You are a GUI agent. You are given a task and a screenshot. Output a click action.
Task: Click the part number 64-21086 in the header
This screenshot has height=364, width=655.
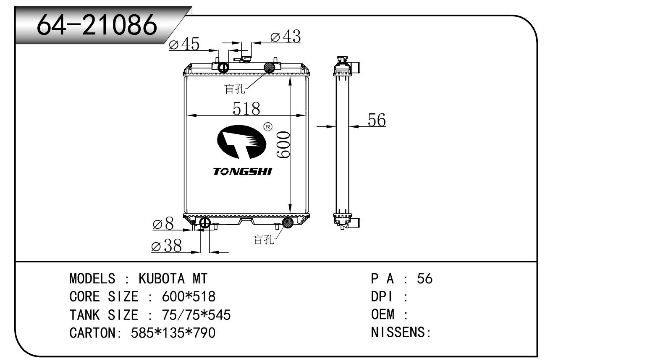pos(97,25)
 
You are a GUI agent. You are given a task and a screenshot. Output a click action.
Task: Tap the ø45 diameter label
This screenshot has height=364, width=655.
pos(184,44)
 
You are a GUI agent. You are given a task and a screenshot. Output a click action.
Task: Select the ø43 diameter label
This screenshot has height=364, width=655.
pos(286,37)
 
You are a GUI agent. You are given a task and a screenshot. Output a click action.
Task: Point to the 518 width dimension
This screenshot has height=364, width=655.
pos(246,108)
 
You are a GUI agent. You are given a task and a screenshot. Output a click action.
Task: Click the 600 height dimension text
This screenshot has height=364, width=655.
pos(283,144)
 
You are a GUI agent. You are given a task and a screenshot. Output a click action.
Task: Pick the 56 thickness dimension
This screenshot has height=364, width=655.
pos(376,120)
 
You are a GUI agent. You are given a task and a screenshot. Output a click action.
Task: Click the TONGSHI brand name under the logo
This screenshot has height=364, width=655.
pos(243,172)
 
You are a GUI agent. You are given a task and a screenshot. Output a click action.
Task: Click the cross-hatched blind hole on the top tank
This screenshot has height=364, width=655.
pos(269,67)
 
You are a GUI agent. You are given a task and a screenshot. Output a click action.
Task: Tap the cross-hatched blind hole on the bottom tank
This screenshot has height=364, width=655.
pos(288,223)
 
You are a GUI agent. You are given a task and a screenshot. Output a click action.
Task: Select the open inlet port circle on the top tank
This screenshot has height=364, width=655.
pos(223,67)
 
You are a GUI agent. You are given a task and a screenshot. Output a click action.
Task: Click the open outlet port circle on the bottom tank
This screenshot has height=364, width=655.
pos(204,223)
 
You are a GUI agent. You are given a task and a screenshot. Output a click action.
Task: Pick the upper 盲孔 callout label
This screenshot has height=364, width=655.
pos(235,89)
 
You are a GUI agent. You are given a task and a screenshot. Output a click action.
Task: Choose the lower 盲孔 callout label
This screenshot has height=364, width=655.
pos(263,239)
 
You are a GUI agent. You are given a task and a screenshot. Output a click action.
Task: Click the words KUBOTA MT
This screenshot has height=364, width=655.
pos(173,278)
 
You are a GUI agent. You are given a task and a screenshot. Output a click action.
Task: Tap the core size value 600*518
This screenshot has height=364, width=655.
pos(189,297)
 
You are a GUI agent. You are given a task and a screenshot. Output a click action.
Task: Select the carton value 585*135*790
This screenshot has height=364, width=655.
pos(173,333)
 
